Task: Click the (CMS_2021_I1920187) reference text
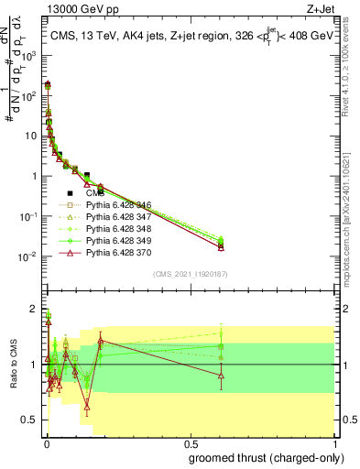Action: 191,274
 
